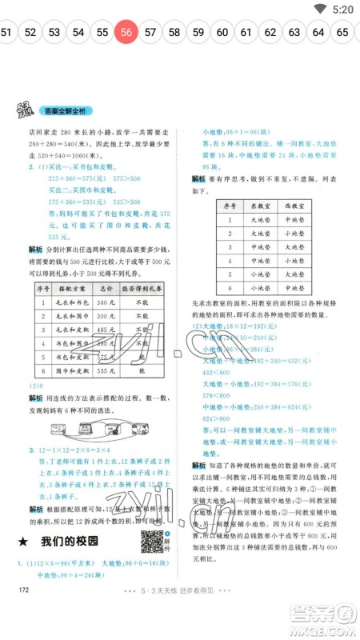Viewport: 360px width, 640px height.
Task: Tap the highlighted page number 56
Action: (x=126, y=33)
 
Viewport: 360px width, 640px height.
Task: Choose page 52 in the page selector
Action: (x=30, y=33)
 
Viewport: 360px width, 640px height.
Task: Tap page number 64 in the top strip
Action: (x=318, y=33)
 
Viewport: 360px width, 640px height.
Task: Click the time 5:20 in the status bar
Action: (x=342, y=9)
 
